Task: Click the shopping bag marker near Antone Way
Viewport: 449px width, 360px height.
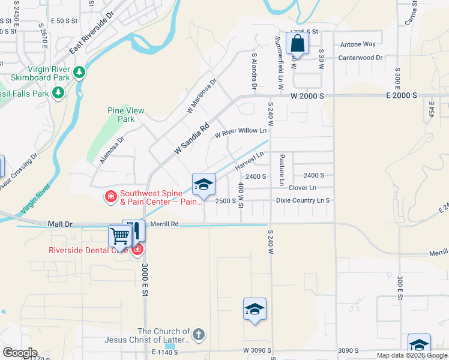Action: pos(297,44)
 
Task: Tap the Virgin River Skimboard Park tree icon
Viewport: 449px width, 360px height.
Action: pos(79,73)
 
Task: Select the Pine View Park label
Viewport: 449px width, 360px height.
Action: pos(126,115)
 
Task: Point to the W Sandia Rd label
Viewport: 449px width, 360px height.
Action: pos(191,137)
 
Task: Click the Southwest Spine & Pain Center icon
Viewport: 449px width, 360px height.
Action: pos(110,197)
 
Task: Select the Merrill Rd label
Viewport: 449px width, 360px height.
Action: pos(166,224)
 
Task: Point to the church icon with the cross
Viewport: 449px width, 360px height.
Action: pos(199,335)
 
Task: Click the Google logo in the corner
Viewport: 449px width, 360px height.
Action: pos(20,352)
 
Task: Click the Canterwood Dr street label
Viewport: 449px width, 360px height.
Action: pos(360,58)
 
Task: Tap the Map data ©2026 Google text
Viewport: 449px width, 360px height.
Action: pos(412,355)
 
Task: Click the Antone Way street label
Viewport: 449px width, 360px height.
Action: pos(358,44)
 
